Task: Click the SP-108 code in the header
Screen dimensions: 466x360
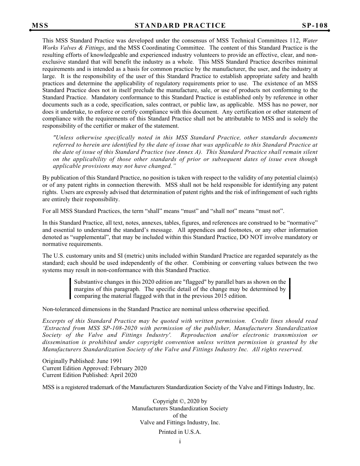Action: [x=315, y=26]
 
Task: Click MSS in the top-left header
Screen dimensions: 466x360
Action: [x=40, y=26]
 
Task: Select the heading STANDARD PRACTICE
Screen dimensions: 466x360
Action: [x=180, y=26]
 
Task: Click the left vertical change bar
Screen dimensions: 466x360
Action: [x=70, y=289]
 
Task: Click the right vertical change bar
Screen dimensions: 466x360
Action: [x=290, y=289]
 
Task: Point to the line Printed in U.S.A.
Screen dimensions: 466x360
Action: [x=180, y=432]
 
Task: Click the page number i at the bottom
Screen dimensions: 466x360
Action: [x=180, y=441]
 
